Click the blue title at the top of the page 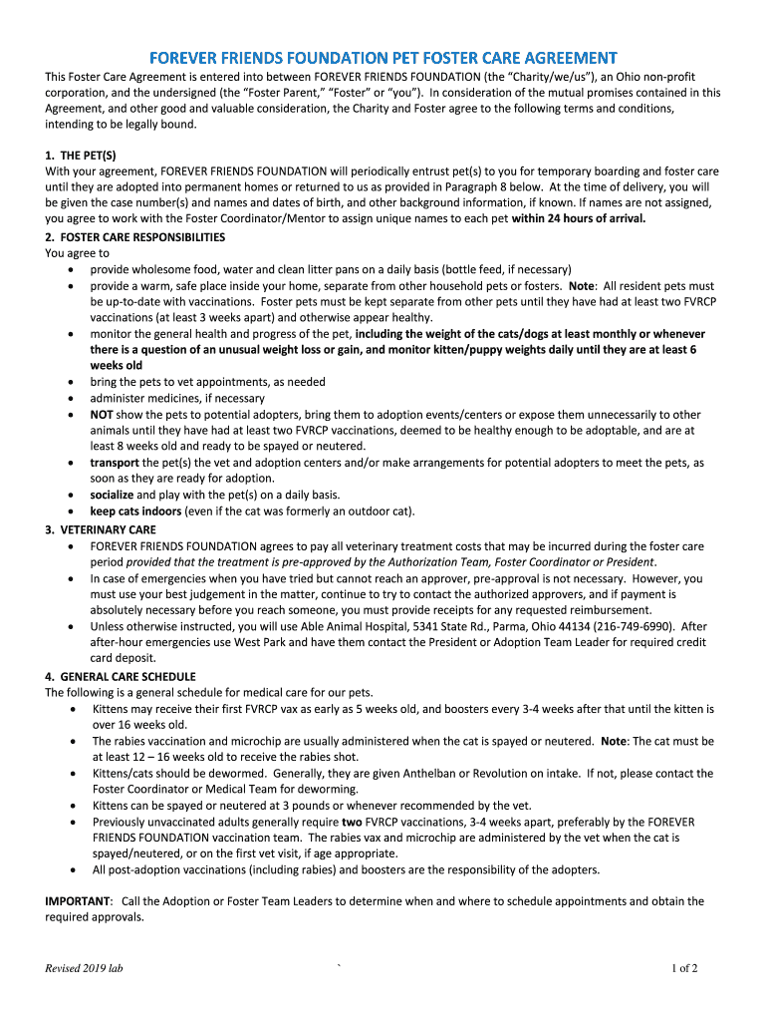click(383, 58)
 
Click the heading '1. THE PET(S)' click(81, 156)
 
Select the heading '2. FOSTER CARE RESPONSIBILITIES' click(135, 237)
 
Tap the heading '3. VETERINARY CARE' click(101, 529)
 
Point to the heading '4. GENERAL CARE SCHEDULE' click(121, 676)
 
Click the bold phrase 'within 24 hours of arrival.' click(578, 219)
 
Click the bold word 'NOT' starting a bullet click(102, 415)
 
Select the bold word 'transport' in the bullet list click(115, 463)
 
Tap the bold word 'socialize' click(112, 495)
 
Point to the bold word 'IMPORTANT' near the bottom click(78, 900)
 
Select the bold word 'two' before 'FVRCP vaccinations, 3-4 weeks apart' click(352, 822)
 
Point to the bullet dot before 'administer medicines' click(70, 399)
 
